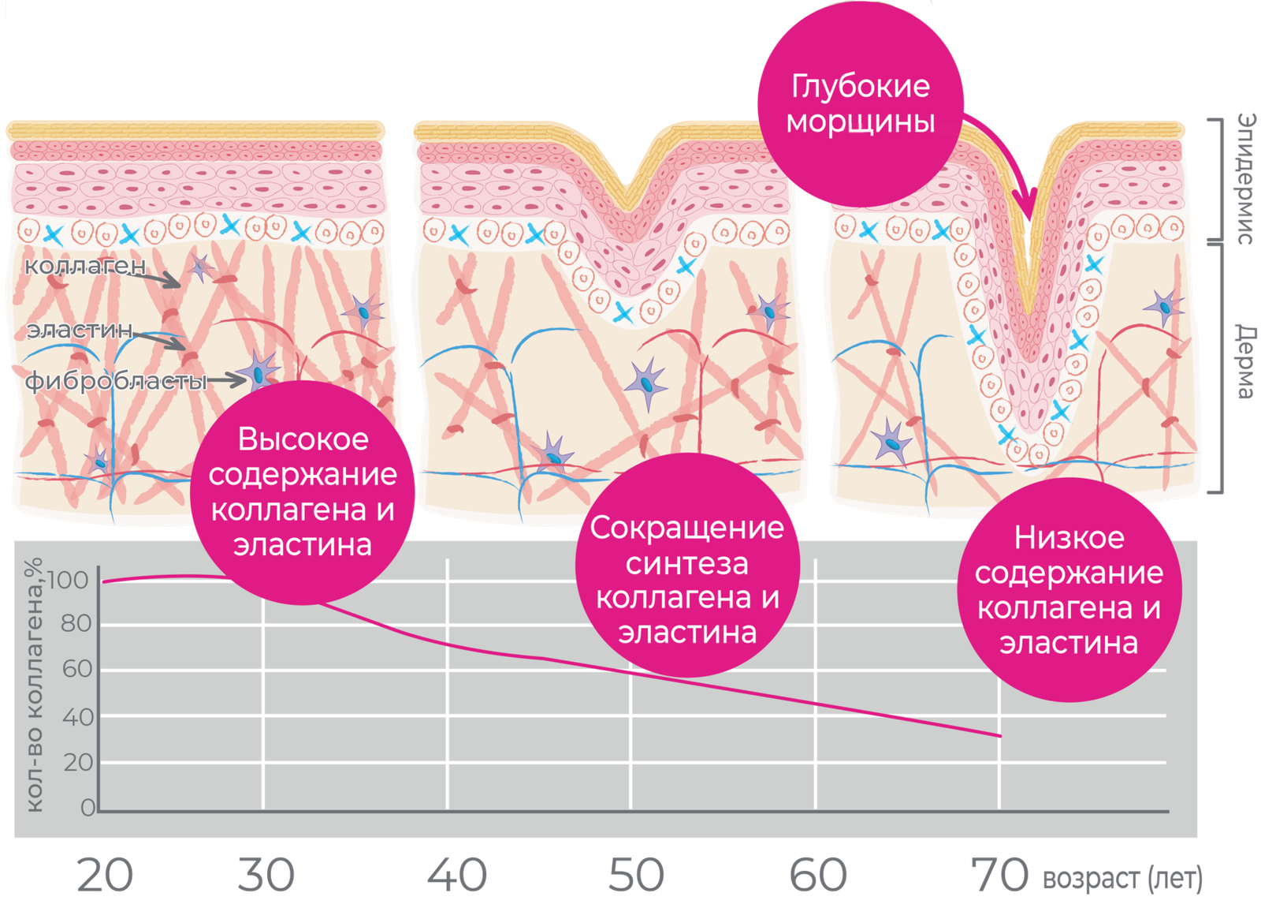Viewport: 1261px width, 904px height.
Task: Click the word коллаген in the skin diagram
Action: [x=85, y=266]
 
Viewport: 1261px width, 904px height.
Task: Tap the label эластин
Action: [x=80, y=330]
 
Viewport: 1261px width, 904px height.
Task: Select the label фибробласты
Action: [x=116, y=382]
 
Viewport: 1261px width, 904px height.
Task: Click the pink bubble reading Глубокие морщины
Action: [x=860, y=104]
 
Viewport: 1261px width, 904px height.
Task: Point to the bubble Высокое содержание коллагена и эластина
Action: [x=303, y=492]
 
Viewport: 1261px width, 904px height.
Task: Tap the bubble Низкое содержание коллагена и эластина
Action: [x=1069, y=589]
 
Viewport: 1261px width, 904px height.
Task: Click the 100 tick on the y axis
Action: [x=68, y=580]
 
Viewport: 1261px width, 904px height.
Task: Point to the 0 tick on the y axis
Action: [x=87, y=808]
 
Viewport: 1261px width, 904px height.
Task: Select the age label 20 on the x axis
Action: [x=105, y=876]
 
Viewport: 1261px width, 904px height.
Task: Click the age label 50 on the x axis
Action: [x=637, y=876]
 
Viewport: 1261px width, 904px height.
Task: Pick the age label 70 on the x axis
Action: [x=999, y=876]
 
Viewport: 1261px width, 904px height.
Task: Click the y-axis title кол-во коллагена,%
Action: [x=34, y=685]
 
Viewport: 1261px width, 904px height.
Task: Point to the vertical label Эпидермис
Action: [x=1245, y=178]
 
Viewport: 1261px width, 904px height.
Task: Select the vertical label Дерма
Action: [x=1245, y=360]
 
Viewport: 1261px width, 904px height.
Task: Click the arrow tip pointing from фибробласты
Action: [x=245, y=380]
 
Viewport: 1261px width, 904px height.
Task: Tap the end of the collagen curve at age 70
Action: [x=1000, y=736]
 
